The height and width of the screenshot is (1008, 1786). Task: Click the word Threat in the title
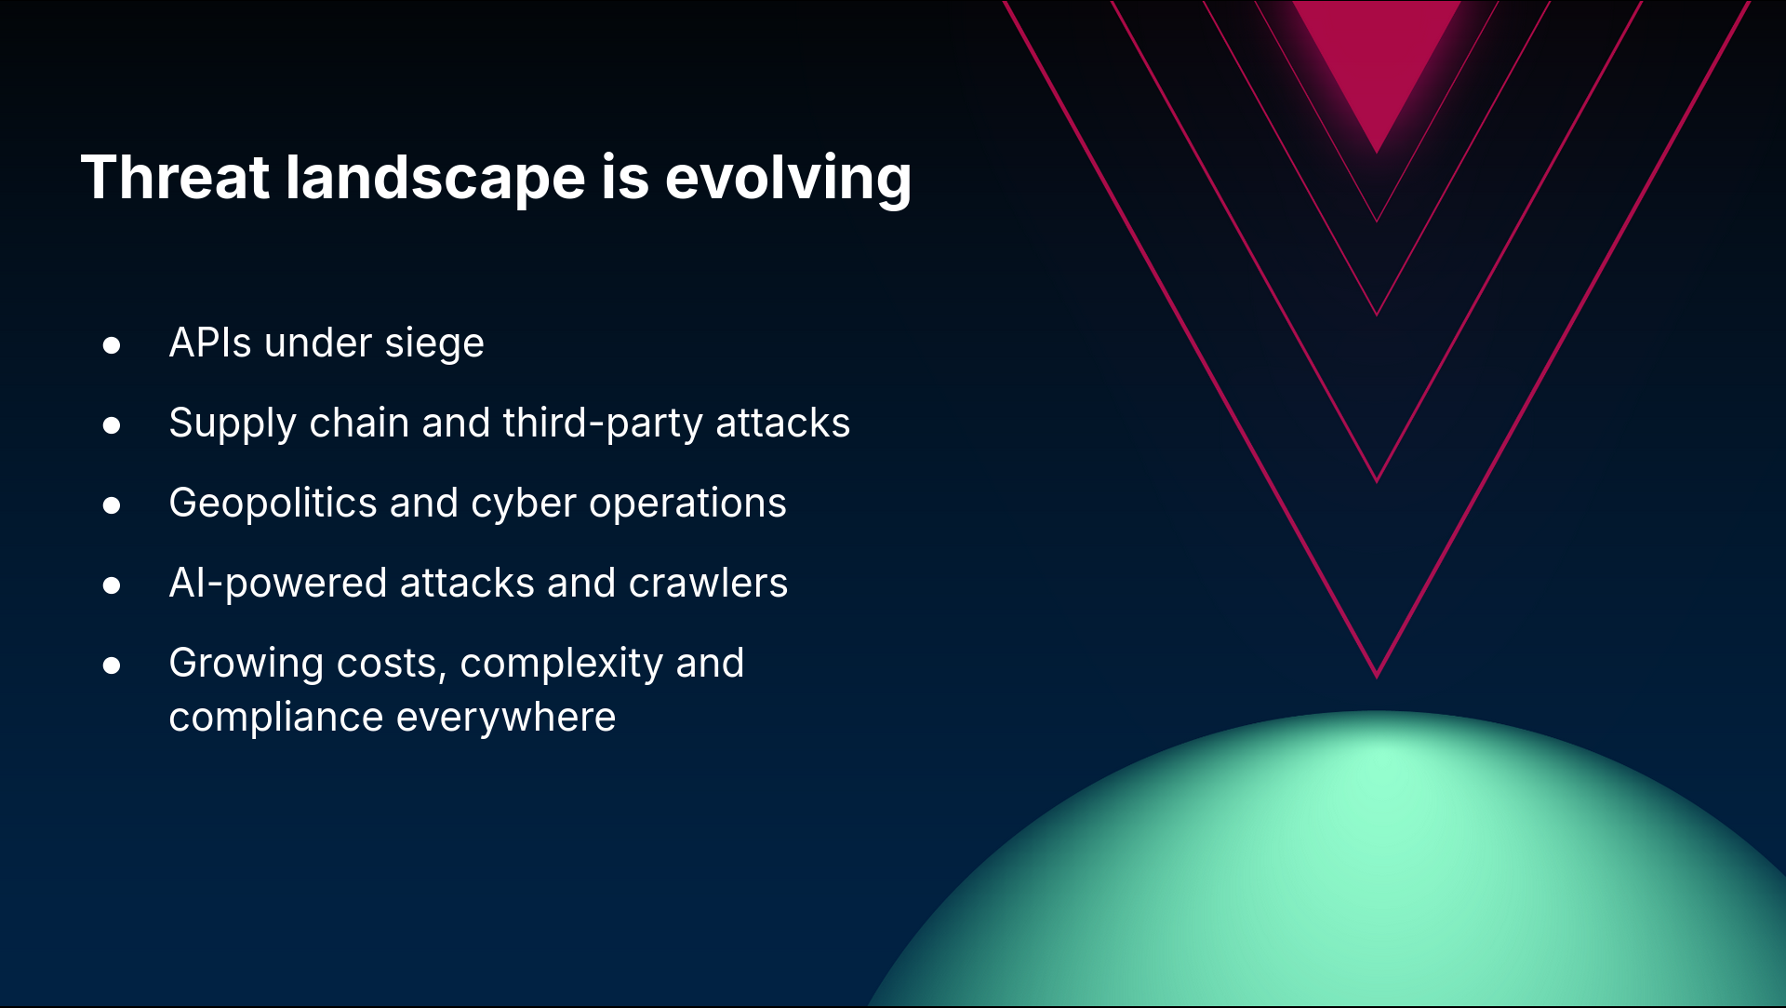click(x=175, y=177)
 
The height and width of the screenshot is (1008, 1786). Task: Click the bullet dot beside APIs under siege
click(x=112, y=345)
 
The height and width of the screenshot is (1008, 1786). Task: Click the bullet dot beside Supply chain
click(x=112, y=425)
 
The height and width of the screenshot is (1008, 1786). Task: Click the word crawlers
click(x=708, y=583)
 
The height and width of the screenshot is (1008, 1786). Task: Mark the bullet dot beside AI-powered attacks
click(x=112, y=585)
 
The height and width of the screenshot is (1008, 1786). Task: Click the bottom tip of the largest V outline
click(x=1377, y=678)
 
